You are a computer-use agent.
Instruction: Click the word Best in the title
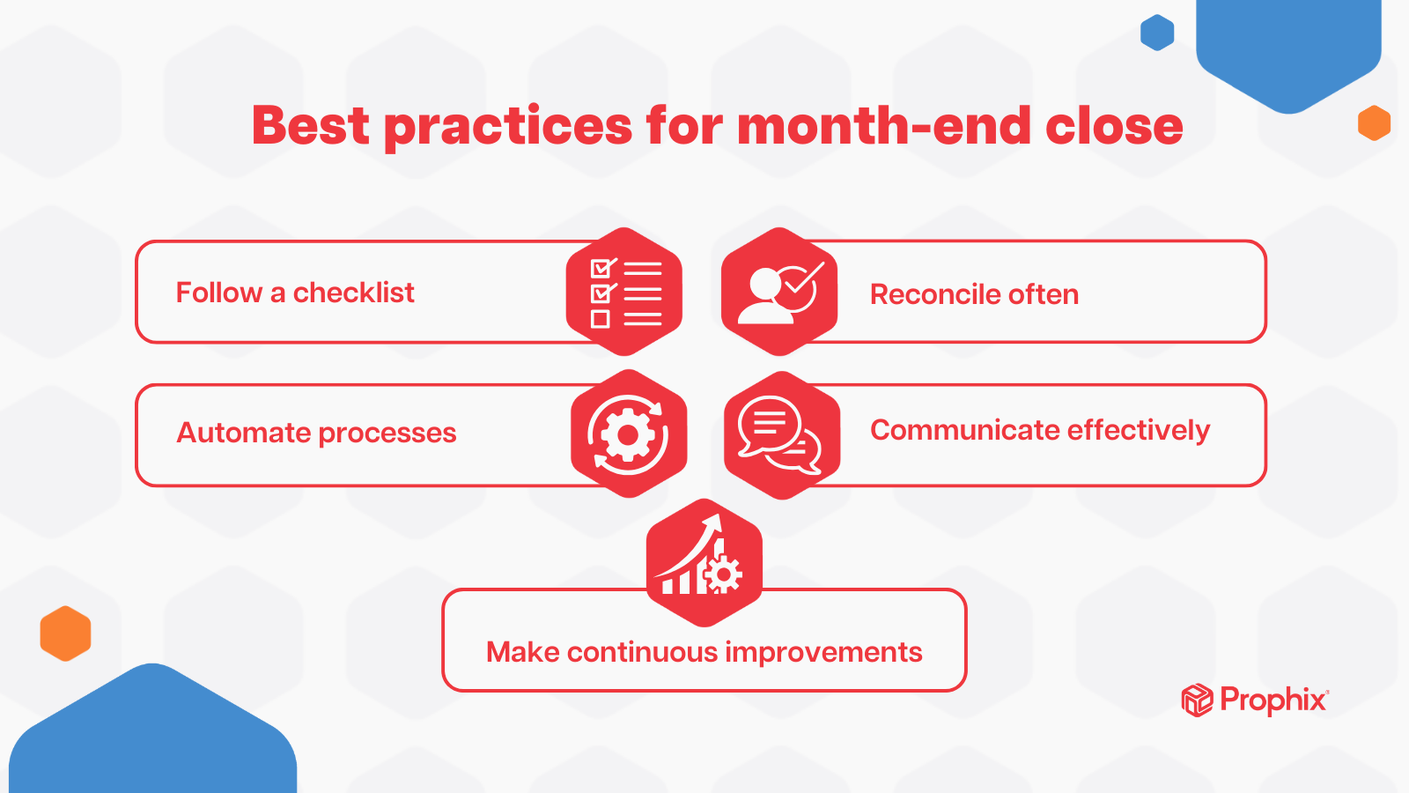[310, 125]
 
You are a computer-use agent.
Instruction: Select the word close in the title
[1113, 125]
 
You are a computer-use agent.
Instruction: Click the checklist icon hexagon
[624, 292]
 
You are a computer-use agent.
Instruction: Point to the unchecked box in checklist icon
[601, 319]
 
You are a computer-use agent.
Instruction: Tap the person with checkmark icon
[779, 292]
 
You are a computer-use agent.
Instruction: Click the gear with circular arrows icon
[628, 434]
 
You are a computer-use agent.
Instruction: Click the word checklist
[353, 293]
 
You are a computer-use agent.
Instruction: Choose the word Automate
[243, 433]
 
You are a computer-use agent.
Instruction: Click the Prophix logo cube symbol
[1197, 700]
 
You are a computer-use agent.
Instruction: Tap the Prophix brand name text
[1273, 700]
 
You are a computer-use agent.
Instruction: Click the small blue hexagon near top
[1157, 33]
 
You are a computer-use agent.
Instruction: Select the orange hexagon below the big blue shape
[1374, 123]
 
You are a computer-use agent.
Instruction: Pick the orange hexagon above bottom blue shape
[65, 634]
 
